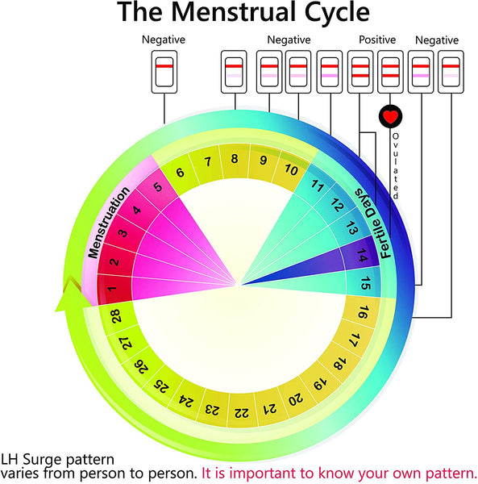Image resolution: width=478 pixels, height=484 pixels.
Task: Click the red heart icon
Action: (390, 116)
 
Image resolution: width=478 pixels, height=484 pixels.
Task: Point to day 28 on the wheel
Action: (116, 317)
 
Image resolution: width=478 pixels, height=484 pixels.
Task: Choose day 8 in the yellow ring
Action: (235, 159)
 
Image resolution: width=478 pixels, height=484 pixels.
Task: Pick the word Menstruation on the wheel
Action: (108, 223)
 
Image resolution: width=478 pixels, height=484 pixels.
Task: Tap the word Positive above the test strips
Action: (377, 40)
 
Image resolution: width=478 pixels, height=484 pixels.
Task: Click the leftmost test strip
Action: (164, 71)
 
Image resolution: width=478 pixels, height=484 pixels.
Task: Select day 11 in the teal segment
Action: (318, 188)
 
